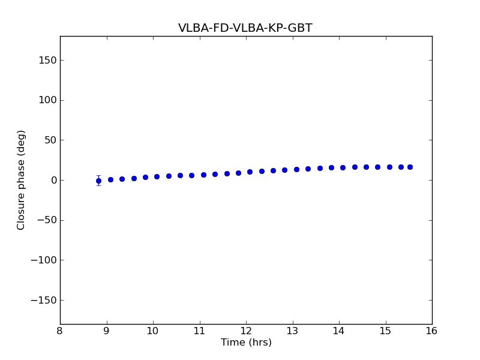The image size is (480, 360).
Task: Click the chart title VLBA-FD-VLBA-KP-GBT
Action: [x=245, y=28]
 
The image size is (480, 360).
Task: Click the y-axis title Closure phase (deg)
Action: [x=22, y=180]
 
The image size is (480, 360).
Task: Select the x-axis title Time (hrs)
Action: [x=246, y=343]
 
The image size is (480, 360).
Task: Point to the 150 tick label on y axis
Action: [x=48, y=60]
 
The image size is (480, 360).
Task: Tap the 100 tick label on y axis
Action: [x=48, y=100]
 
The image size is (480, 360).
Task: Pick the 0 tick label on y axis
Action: [x=53, y=180]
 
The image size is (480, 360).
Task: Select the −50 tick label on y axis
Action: [x=47, y=220]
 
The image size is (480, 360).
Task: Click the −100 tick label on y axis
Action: [x=44, y=260]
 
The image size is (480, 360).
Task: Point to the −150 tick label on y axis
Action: [x=44, y=300]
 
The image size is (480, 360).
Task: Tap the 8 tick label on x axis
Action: [x=60, y=331]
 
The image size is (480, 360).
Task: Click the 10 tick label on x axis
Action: [x=153, y=331]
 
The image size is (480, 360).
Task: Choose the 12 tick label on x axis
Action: [x=246, y=331]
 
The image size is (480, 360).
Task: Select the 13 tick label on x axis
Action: [x=292, y=331]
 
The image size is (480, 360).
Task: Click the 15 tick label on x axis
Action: [x=385, y=331]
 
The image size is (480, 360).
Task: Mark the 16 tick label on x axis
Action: [x=431, y=331]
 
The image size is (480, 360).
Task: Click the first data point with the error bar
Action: [x=98, y=181]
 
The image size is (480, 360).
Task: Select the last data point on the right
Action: [x=410, y=167]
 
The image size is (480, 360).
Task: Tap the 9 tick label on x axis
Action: [x=107, y=331]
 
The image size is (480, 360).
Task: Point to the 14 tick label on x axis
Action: [x=339, y=331]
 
